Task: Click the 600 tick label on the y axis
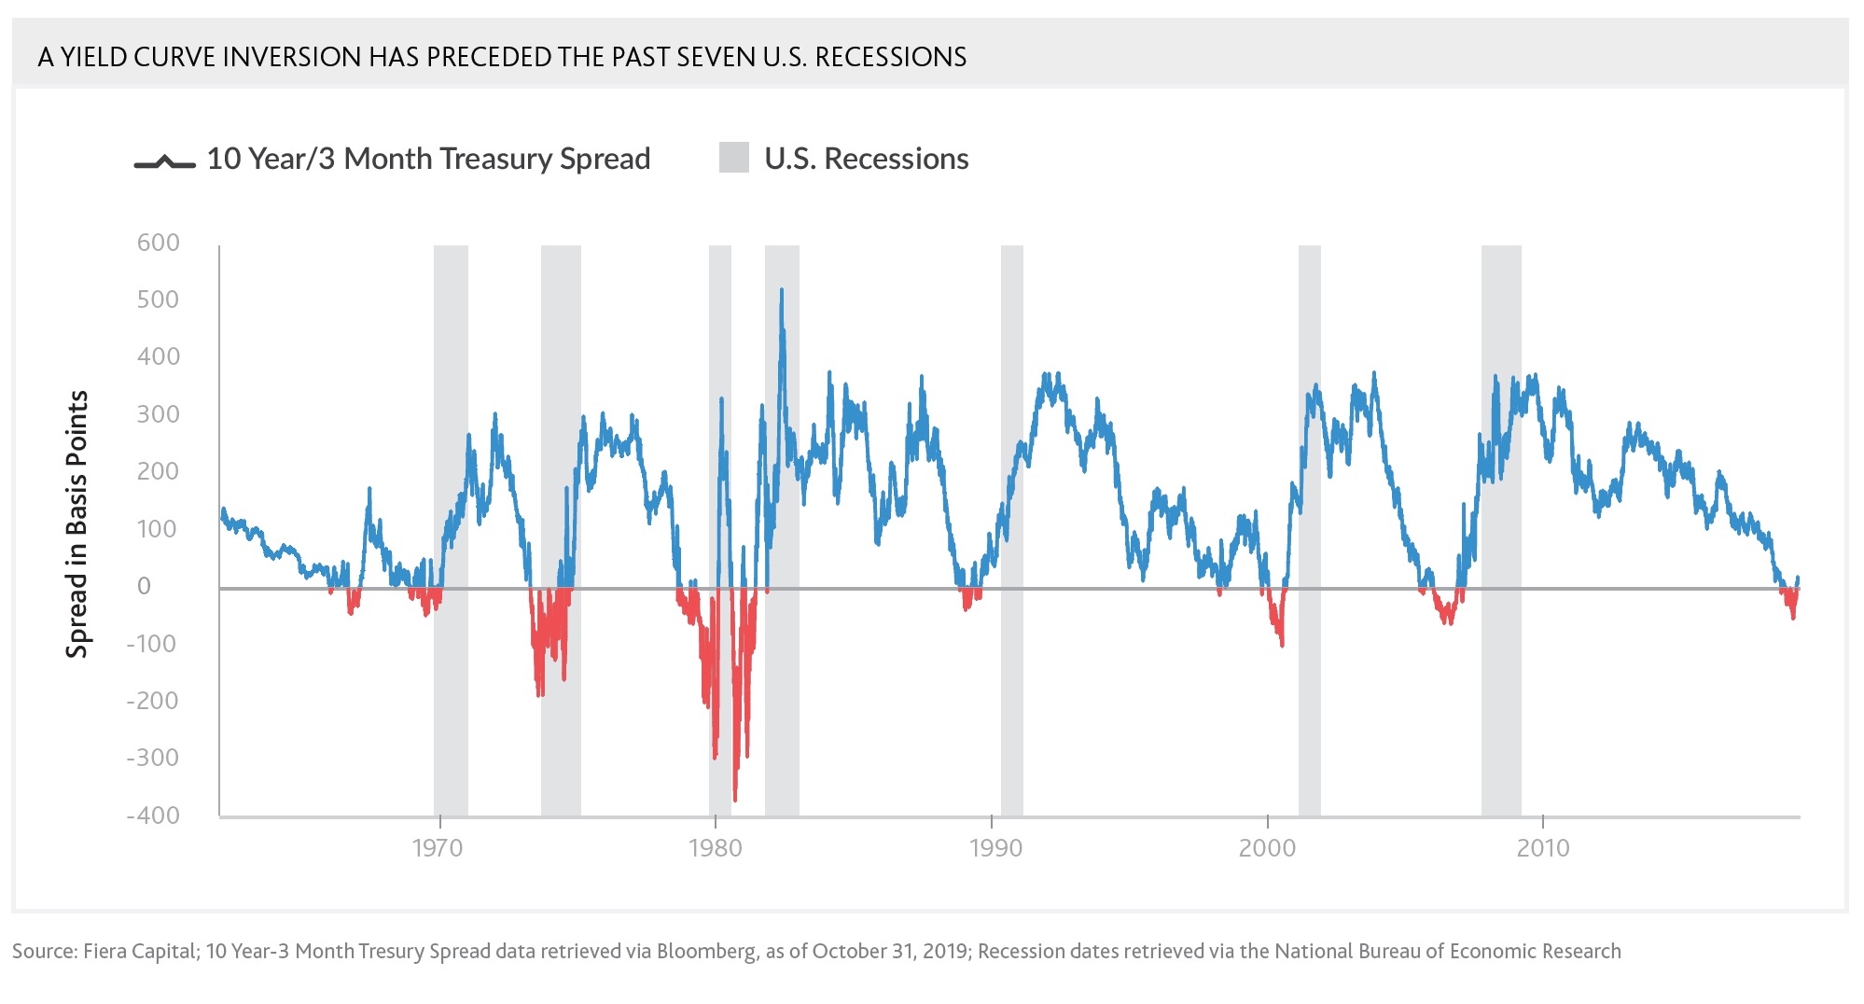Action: (x=158, y=243)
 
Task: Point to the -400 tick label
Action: (x=153, y=816)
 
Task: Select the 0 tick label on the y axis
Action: (x=144, y=586)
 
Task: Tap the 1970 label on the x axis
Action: (x=438, y=848)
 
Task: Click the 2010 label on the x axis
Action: (x=1543, y=848)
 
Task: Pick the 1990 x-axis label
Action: (x=995, y=848)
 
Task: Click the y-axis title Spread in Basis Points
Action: (x=77, y=524)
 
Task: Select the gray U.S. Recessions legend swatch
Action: (x=734, y=158)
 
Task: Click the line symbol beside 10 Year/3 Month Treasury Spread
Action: (x=164, y=162)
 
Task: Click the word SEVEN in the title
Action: (x=716, y=57)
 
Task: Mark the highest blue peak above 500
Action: (x=782, y=292)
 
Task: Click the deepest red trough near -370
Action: (x=735, y=798)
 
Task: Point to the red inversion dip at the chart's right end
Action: (x=1793, y=614)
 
